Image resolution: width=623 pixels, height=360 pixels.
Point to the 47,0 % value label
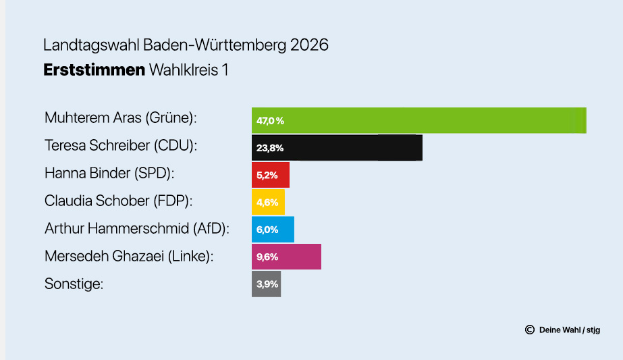coord(270,121)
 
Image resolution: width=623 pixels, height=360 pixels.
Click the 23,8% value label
coord(269,148)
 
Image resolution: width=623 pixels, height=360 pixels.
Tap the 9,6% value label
coord(267,257)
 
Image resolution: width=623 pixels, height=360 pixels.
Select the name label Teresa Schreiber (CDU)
coord(125,145)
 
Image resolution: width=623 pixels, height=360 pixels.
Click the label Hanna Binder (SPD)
coord(109,173)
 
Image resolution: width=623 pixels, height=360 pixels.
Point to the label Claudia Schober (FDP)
coord(118,201)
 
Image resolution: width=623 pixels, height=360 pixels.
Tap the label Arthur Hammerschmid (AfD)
coord(137,228)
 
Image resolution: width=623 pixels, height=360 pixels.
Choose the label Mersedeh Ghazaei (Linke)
coord(129,256)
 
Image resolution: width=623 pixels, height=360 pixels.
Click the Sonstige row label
coord(74,284)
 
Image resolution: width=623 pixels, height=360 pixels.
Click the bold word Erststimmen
coord(94,70)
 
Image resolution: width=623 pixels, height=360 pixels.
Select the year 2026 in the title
coord(310,45)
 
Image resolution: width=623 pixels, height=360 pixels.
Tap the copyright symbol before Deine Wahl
coord(530,330)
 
